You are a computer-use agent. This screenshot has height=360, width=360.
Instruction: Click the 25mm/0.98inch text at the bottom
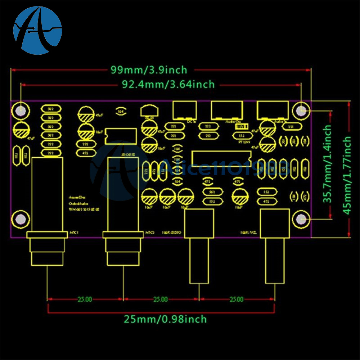pos(166,319)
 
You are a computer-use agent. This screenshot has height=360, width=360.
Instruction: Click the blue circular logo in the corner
pos(37,30)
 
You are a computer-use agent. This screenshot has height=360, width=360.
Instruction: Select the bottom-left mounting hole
pos(21,219)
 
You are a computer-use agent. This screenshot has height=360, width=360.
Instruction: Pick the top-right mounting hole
pos(301,111)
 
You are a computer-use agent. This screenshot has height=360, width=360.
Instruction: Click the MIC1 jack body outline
pos(48,194)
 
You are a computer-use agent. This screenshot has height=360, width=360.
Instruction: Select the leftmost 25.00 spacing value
pos(85,299)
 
